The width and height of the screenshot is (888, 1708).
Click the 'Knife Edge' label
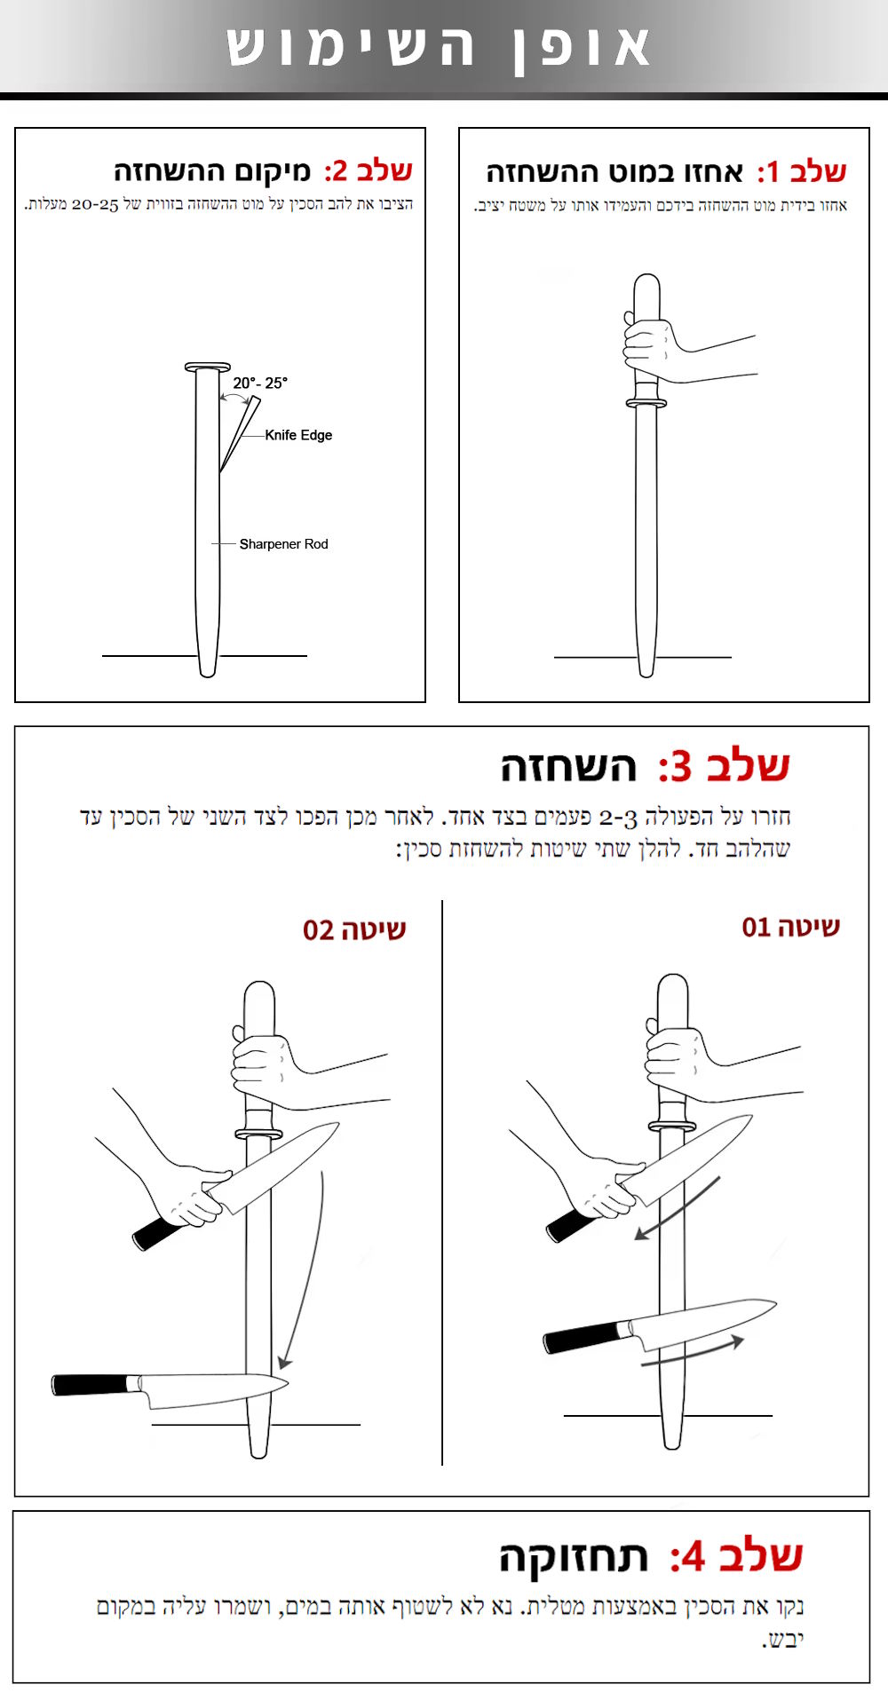pos(298,435)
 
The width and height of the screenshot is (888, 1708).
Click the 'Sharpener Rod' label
pos(283,544)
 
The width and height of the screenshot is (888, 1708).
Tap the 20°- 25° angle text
pos(260,384)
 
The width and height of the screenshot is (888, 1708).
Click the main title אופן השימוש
pos(439,47)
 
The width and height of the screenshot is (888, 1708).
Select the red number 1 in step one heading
pos(771,171)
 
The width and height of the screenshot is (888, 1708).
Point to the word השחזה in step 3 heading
pos(568,767)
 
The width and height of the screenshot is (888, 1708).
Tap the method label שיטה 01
pos(790,928)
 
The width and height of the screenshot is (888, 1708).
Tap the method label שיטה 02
pos(354,930)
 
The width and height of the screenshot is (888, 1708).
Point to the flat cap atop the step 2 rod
pos(207,367)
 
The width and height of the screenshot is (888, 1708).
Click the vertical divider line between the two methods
pos(442,1181)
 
